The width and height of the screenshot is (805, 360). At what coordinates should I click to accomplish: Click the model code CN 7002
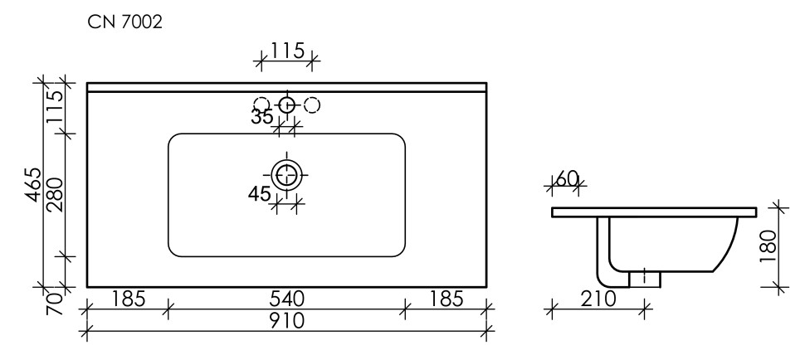124,23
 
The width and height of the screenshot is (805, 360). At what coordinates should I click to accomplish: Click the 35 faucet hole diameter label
262,117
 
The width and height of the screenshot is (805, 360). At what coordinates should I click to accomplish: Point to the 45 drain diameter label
260,194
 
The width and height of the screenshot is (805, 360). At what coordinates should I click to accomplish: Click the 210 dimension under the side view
598,299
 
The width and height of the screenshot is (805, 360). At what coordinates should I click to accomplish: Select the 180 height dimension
768,246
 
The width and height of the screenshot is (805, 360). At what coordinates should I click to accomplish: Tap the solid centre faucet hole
287,105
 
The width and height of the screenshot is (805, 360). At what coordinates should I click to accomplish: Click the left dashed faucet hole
261,105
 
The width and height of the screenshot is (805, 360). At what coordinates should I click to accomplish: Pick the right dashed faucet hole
313,105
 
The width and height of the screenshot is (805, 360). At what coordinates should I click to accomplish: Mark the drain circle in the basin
287,174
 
